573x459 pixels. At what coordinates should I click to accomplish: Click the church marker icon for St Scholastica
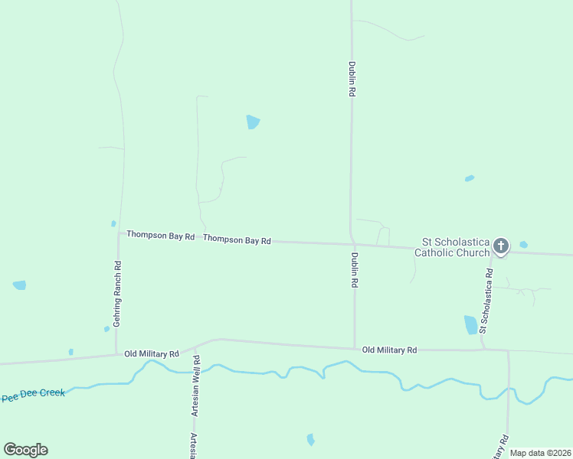(x=500, y=246)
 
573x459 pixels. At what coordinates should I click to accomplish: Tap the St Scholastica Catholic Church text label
(x=451, y=246)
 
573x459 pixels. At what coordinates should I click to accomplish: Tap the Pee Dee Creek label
(x=33, y=396)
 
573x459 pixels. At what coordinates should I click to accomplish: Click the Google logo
(x=26, y=450)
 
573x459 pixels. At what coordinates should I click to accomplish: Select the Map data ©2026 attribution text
(x=541, y=453)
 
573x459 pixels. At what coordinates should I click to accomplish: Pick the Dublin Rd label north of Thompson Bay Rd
(x=352, y=79)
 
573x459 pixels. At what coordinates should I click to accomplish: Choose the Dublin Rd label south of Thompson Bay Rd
(x=355, y=270)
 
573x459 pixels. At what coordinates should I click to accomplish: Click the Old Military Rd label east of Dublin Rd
(x=389, y=350)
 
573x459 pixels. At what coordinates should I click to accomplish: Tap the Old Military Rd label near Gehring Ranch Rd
(x=152, y=354)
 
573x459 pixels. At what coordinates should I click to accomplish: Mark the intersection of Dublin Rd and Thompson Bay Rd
(x=352, y=245)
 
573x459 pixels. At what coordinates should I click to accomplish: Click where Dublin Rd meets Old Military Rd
(x=355, y=348)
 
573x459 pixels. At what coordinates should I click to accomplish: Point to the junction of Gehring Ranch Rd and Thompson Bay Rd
(x=118, y=234)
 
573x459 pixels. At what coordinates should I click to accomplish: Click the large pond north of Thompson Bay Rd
(x=253, y=122)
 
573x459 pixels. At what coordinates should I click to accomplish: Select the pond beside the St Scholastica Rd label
(x=470, y=325)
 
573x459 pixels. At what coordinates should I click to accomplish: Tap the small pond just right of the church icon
(x=523, y=245)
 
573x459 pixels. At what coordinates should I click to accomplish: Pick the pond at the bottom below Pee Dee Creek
(x=310, y=439)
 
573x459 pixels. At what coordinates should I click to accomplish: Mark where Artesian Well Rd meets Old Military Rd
(x=195, y=349)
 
